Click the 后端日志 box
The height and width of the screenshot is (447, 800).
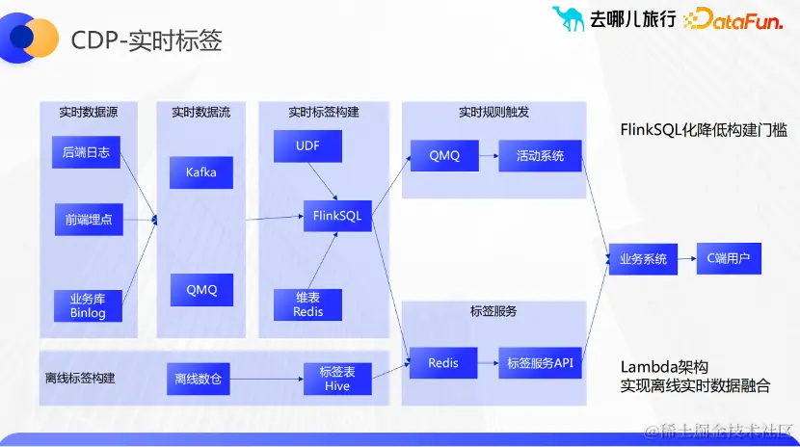(x=86, y=152)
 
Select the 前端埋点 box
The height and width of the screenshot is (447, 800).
(x=88, y=220)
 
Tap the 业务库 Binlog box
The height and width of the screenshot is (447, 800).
(x=88, y=304)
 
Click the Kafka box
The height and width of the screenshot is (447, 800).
(x=200, y=172)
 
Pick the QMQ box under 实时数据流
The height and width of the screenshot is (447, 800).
(x=201, y=289)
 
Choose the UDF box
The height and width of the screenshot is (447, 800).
(x=307, y=145)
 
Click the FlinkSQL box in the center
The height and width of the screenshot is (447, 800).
(x=337, y=216)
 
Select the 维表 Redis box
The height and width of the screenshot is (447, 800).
(x=308, y=304)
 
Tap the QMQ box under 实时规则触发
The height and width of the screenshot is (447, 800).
(x=444, y=155)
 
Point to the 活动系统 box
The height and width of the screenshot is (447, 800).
(x=540, y=155)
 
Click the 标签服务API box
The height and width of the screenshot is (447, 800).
(x=540, y=363)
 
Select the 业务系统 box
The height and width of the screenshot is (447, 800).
(x=643, y=259)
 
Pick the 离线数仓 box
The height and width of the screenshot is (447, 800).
(x=198, y=379)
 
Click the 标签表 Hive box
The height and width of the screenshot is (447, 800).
(x=337, y=379)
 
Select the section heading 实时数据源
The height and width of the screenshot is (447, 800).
(x=88, y=112)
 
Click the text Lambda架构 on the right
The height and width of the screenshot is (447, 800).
(x=664, y=366)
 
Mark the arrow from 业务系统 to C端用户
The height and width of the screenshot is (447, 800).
(x=686, y=258)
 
